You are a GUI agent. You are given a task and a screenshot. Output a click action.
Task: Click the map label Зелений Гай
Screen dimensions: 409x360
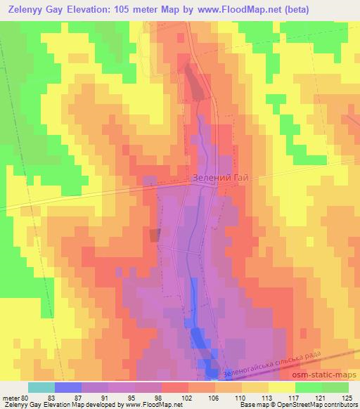tap(222, 178)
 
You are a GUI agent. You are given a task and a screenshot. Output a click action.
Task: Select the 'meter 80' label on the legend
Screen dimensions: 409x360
tap(15, 397)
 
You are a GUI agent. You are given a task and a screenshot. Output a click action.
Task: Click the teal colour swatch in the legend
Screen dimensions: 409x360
tap(41, 387)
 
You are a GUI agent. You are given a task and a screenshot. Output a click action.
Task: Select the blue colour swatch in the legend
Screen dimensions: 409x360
tap(68, 387)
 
